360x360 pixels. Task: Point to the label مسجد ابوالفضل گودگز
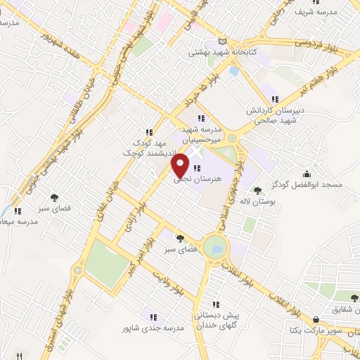(x=308, y=186)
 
